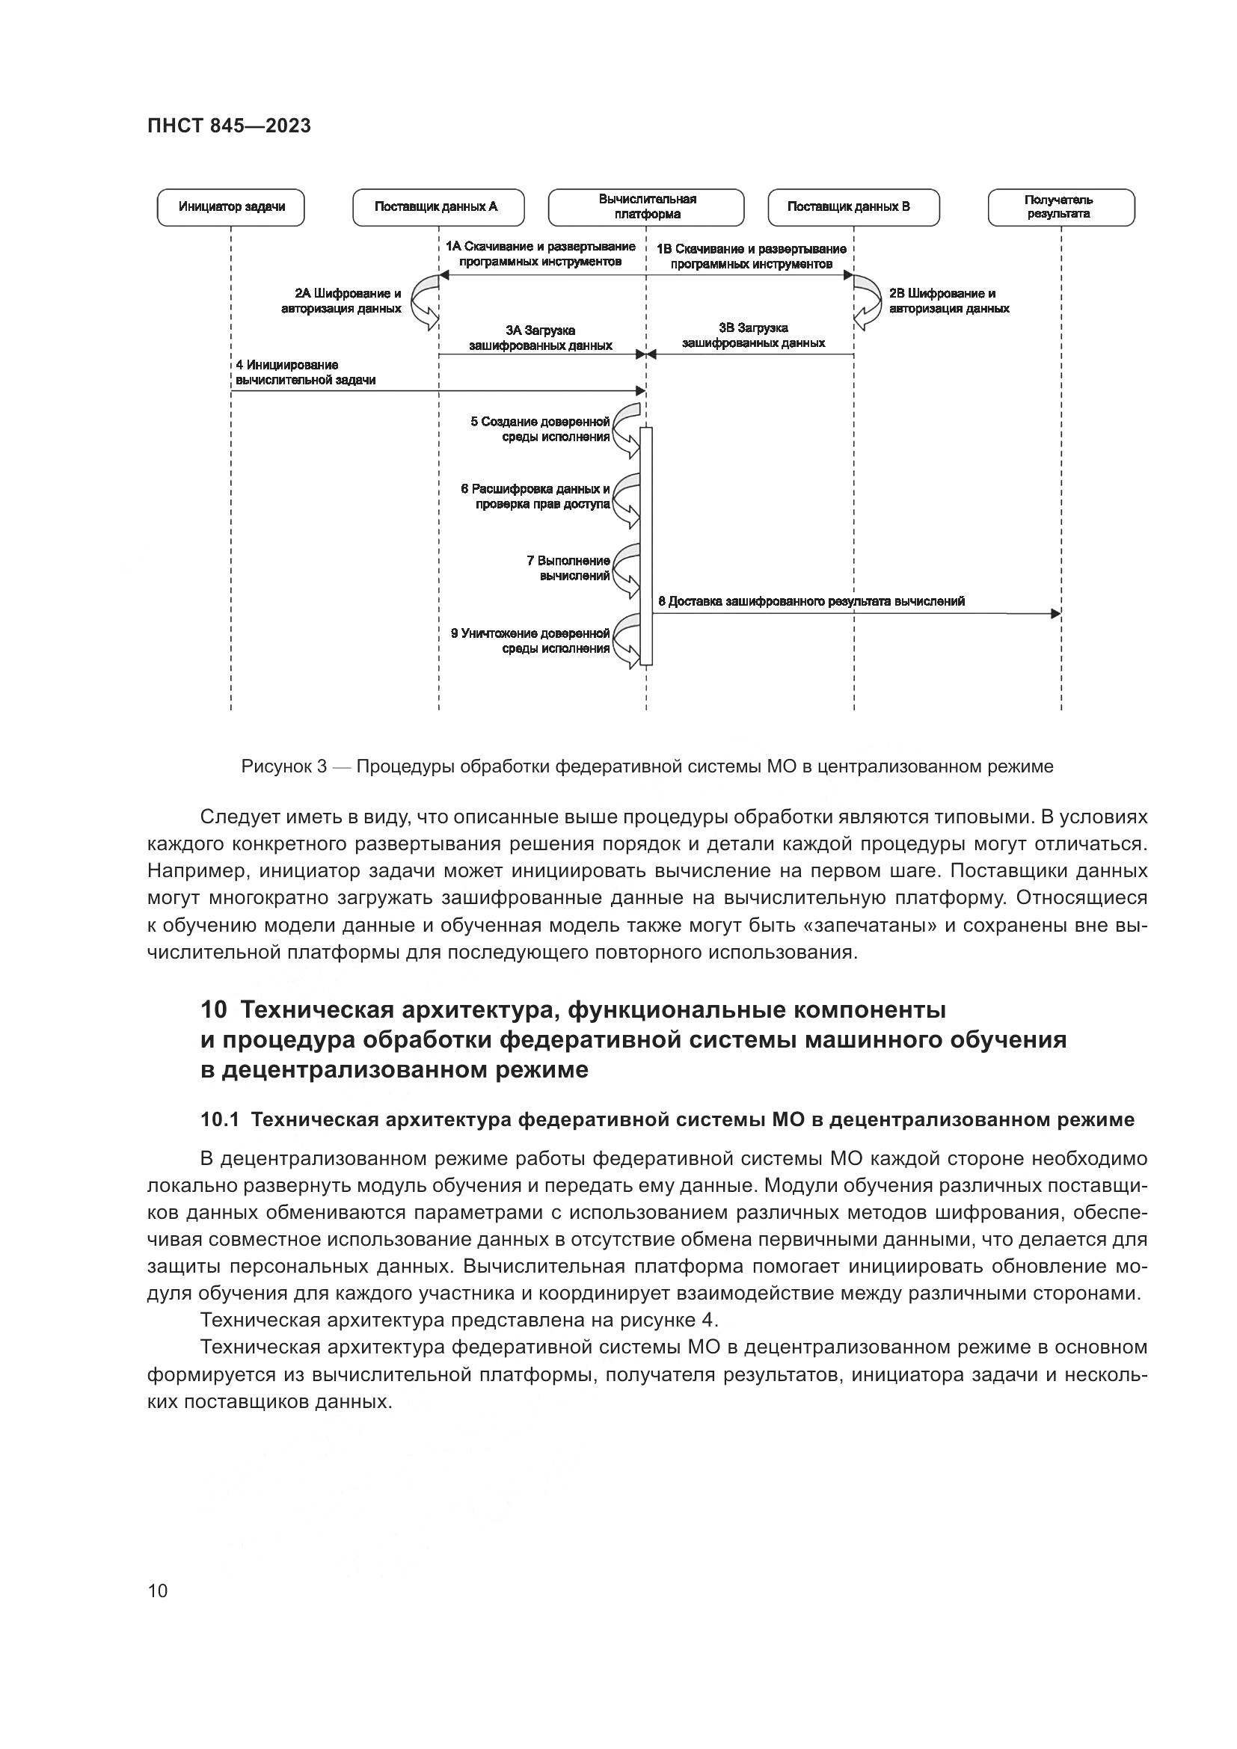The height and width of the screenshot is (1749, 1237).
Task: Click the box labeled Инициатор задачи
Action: coord(231,207)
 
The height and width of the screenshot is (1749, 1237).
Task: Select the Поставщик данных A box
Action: coord(438,207)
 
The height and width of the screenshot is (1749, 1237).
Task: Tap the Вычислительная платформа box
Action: coord(646,207)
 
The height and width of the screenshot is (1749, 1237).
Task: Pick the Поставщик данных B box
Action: coord(853,207)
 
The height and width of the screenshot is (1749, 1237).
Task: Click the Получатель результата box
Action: coord(1061,207)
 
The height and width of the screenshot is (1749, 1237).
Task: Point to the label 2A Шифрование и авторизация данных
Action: coord(343,301)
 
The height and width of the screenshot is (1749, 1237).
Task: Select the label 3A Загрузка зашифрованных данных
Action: coord(540,338)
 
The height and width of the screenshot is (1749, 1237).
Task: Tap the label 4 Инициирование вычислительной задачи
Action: coord(304,372)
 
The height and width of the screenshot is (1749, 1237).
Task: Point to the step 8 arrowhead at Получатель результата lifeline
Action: coord(1056,613)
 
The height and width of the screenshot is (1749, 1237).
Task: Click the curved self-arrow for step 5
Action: coord(627,431)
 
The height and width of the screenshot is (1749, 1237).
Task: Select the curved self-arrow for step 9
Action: coord(627,641)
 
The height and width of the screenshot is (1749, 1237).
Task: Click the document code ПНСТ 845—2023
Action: coord(229,126)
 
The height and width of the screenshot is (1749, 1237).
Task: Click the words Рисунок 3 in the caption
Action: coord(283,766)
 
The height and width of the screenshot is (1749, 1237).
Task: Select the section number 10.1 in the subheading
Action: coord(220,1120)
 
